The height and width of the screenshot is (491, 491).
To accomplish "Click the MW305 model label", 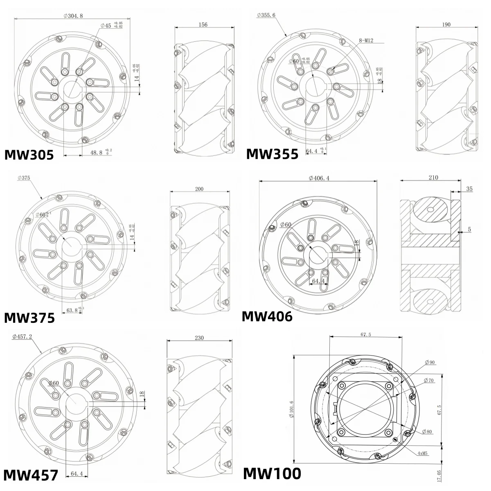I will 29,155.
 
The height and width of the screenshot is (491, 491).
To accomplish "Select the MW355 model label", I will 272,154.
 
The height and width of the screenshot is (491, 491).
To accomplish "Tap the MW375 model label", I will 29,318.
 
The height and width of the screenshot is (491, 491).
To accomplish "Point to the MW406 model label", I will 267,316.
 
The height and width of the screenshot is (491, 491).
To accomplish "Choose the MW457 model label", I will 31,475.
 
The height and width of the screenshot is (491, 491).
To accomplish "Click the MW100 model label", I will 272,473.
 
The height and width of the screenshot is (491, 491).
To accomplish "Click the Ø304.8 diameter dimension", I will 73,16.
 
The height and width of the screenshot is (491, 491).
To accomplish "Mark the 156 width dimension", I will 203,25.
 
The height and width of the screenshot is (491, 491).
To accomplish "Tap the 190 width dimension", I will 446,25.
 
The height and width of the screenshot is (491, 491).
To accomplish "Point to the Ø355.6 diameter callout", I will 266,15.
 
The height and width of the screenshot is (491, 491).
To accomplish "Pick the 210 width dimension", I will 433,178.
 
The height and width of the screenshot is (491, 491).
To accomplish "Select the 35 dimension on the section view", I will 469,189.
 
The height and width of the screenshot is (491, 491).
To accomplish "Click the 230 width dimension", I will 199,338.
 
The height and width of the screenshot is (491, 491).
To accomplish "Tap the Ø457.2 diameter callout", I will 23,336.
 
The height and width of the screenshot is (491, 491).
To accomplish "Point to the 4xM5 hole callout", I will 423,453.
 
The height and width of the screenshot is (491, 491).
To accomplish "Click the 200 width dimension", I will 199,189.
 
